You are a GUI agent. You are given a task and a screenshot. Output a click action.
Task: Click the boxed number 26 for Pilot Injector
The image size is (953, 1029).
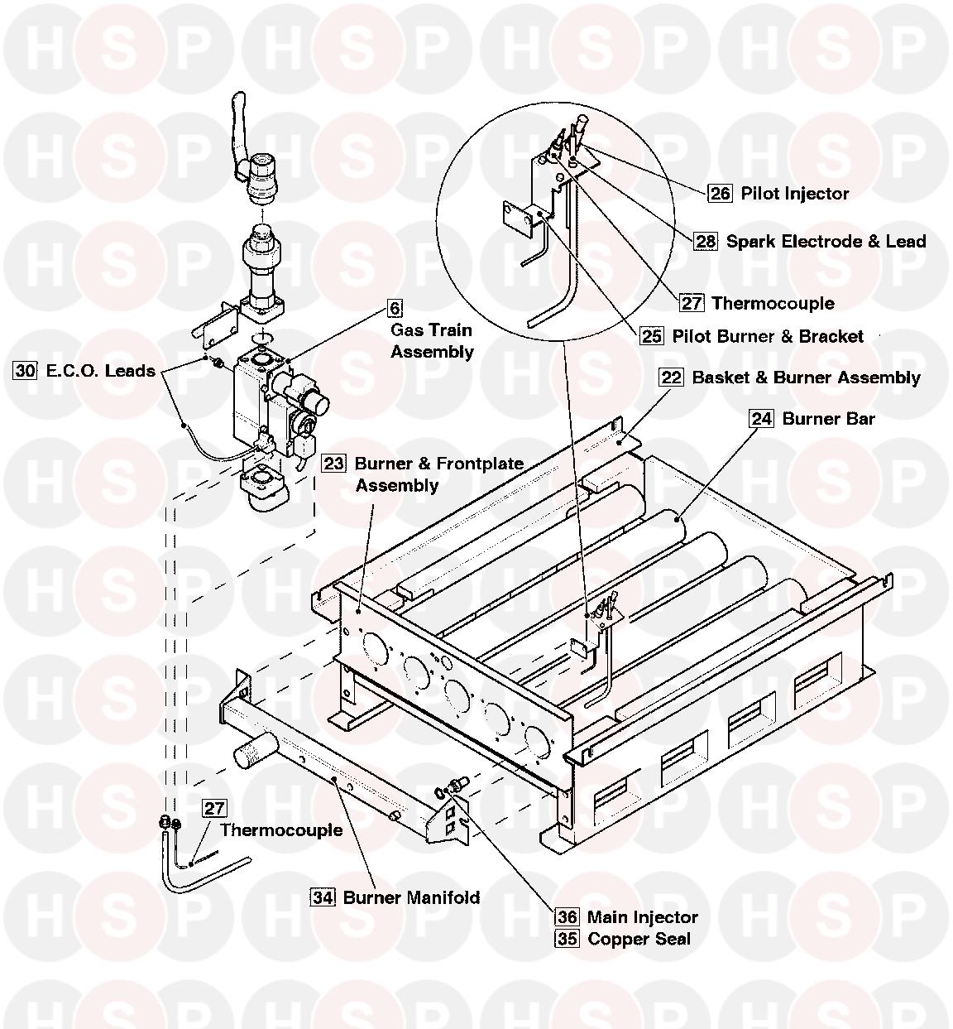tap(721, 193)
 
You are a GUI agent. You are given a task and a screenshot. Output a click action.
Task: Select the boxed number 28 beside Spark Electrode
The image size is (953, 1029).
tap(706, 241)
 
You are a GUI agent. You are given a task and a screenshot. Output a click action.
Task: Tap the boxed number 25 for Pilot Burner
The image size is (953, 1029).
tap(652, 336)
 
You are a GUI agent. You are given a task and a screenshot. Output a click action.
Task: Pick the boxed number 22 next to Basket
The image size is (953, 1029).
tap(671, 377)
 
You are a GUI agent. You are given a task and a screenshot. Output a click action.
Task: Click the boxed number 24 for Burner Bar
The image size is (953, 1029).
tap(761, 419)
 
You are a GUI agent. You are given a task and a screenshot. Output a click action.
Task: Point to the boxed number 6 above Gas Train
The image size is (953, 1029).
tap(395, 308)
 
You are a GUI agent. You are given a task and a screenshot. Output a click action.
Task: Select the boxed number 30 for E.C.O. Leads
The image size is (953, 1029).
tap(26, 371)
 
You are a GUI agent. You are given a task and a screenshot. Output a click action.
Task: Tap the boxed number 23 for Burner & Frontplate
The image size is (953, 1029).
tap(333, 464)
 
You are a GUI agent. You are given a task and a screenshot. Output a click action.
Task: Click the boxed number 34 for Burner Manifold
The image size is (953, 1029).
tap(323, 897)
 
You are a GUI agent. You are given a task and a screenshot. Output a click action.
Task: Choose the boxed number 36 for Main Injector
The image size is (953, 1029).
tap(567, 917)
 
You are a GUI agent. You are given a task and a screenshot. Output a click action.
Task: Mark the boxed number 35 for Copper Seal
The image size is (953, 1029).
tap(567, 939)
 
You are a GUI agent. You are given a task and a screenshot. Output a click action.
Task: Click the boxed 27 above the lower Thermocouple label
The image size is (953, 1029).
tap(214, 809)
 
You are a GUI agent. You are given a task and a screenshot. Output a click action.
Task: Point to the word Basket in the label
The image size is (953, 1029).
tap(721, 377)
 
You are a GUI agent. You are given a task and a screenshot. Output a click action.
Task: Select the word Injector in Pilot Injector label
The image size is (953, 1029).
tap(817, 194)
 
